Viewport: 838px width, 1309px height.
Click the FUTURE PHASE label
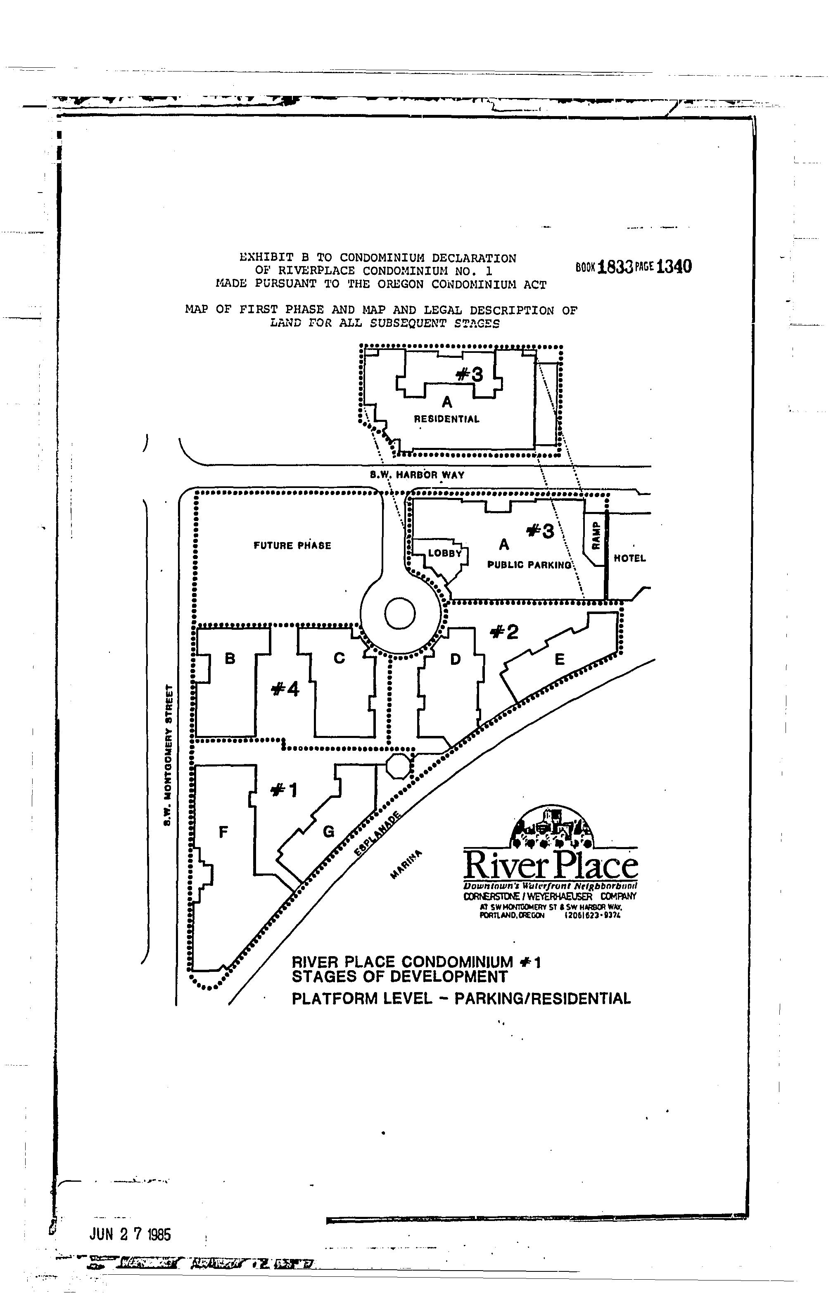pyautogui.click(x=292, y=545)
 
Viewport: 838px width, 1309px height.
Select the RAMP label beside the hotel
pyautogui.click(x=596, y=535)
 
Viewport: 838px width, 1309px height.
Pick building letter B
pyautogui.click(x=230, y=659)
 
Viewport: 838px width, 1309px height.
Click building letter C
pyautogui.click(x=339, y=659)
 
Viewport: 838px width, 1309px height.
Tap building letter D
pyautogui.click(x=456, y=660)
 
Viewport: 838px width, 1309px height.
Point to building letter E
pyautogui.click(x=559, y=660)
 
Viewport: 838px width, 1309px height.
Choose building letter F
pyautogui.click(x=223, y=832)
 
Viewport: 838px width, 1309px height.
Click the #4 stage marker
pyautogui.click(x=285, y=690)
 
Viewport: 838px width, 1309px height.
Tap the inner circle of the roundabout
pyautogui.click(x=400, y=614)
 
